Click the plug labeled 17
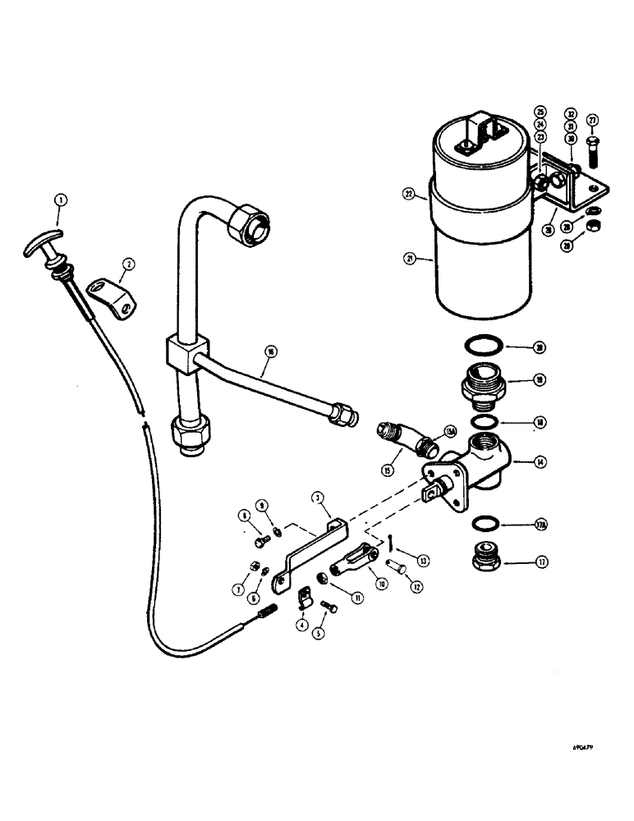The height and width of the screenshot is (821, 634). [485, 562]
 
